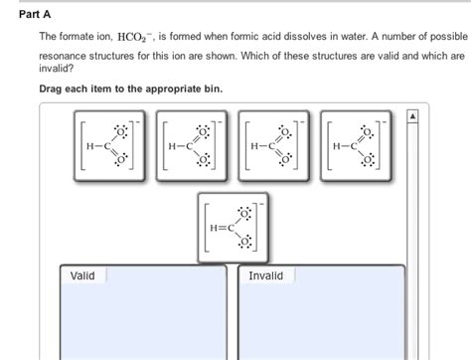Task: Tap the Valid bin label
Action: pyautogui.click(x=82, y=275)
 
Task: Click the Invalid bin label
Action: pyautogui.click(x=265, y=275)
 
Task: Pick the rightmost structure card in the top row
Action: pyautogui.click(x=352, y=146)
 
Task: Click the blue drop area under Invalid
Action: pyautogui.click(x=320, y=323)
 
